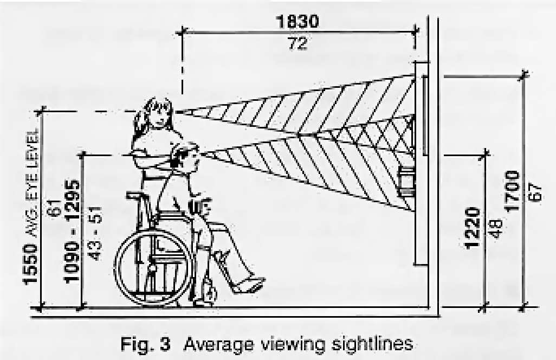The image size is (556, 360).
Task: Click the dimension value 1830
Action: [x=297, y=22]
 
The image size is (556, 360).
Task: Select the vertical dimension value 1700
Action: [x=513, y=191]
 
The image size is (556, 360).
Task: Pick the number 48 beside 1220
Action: [x=496, y=229]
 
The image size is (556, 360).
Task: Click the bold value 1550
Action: [x=30, y=264]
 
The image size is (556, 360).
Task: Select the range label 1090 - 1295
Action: [x=72, y=231]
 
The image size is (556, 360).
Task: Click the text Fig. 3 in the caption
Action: [x=145, y=344]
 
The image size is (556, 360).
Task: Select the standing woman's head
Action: [x=156, y=113]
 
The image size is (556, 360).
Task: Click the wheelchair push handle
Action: [x=135, y=195]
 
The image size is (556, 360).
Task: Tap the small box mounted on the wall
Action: [x=407, y=182]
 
